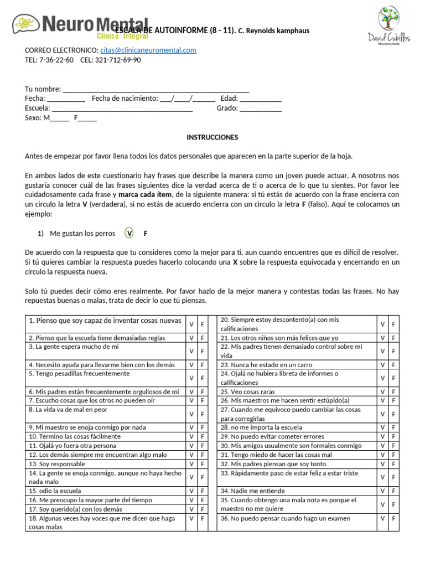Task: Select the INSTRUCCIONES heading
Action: tap(212, 137)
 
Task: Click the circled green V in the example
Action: tap(129, 233)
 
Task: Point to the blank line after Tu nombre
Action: tap(156, 90)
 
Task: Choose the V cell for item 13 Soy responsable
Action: tap(191, 463)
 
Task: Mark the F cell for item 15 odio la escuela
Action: tap(203, 491)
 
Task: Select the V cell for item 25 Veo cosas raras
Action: tap(382, 391)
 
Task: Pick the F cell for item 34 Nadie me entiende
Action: tap(393, 491)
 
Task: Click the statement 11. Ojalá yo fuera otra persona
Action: tap(72, 446)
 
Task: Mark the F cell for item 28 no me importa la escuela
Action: tap(393, 427)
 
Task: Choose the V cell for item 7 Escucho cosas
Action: tap(191, 400)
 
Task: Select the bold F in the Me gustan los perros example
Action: tap(146, 234)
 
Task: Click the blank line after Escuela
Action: tap(122, 108)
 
